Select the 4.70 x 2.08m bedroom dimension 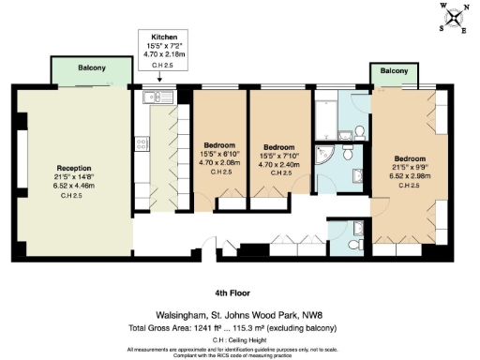click(x=220, y=163)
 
